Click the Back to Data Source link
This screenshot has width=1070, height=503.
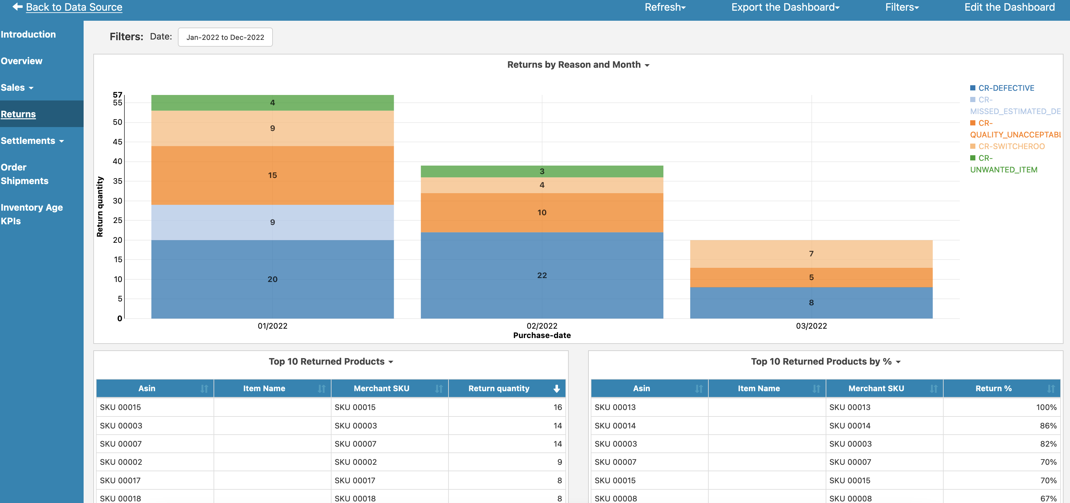click(x=74, y=7)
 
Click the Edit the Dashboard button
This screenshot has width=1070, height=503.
click(x=1009, y=7)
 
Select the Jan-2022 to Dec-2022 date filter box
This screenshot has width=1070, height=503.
click(x=225, y=37)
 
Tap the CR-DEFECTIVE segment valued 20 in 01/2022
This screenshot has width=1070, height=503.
click(x=272, y=279)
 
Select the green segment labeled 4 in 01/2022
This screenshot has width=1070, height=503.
click(x=272, y=103)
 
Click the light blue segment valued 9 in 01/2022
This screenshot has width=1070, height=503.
click(x=272, y=222)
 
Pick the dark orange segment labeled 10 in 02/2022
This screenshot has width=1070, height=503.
click(x=542, y=213)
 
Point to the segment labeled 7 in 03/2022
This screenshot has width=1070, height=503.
click(x=811, y=254)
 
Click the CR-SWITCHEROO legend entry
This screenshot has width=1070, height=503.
click(x=1011, y=146)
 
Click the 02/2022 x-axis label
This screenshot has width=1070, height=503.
click(x=542, y=326)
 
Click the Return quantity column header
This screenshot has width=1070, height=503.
click(x=498, y=388)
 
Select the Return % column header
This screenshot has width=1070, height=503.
click(x=993, y=388)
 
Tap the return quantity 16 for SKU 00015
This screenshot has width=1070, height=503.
click(x=557, y=407)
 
